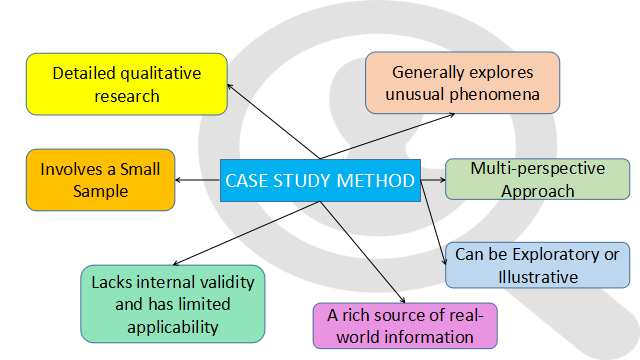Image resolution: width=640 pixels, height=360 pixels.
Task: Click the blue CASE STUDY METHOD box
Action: pos(319,180)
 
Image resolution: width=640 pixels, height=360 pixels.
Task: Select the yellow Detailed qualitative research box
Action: pos(126,84)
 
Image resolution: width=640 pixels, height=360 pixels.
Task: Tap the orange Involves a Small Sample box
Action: pos(100,180)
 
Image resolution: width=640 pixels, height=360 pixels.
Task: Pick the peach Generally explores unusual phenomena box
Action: pos(462,83)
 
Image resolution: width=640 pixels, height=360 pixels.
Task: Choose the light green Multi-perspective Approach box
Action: pos(537,179)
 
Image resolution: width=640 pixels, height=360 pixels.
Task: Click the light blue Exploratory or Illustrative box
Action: pos(537,265)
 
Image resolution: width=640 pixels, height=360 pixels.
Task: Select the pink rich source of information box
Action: pos(404,326)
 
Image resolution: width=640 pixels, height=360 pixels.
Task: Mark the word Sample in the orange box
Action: pos(100,192)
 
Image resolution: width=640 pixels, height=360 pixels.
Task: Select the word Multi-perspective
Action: pos(537,168)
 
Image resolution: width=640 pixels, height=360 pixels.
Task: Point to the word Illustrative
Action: pos(537,277)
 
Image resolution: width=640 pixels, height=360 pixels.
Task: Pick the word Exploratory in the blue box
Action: pos(562,254)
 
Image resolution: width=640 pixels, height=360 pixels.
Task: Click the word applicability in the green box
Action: pos(172,327)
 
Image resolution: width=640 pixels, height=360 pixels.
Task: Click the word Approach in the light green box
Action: pos(537,191)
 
